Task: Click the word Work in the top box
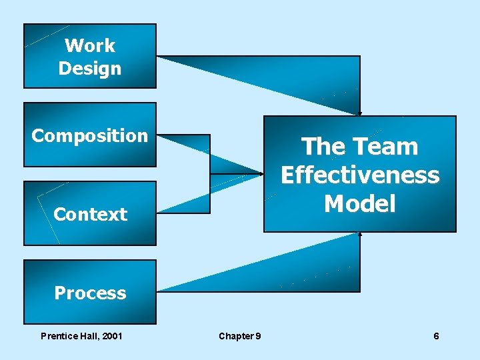(90, 45)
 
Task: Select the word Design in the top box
(90, 68)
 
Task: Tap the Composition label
(90, 135)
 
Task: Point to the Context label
(90, 214)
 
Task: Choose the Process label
(90, 293)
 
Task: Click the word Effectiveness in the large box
(360, 175)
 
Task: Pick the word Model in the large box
(360, 203)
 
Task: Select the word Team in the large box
(387, 147)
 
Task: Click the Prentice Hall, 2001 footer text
(81, 336)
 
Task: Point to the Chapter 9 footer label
(240, 336)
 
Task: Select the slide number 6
(436, 336)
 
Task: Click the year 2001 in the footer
(111, 336)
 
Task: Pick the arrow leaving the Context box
(213, 193)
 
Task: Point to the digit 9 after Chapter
(258, 336)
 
